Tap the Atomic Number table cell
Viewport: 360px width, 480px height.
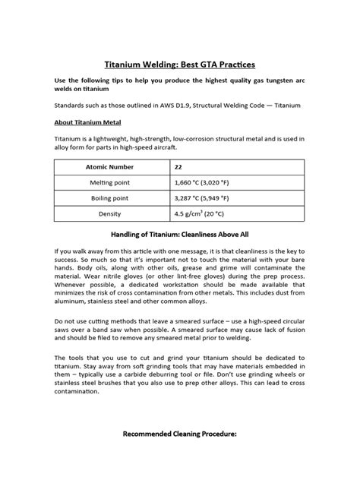click(x=112, y=166)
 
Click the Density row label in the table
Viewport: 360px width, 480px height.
click(x=112, y=214)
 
